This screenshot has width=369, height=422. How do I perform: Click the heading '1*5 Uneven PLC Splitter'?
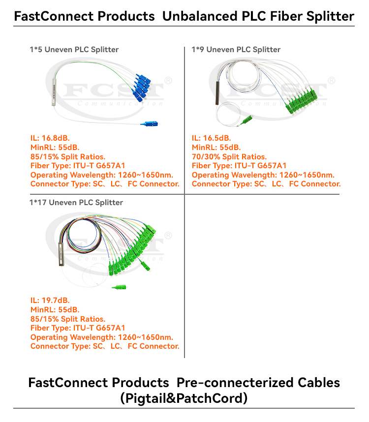pyautogui.click(x=74, y=49)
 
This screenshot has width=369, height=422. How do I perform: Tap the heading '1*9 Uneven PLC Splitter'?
pyautogui.click(x=236, y=49)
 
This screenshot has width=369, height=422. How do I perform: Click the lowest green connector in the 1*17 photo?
pyautogui.click(x=119, y=288)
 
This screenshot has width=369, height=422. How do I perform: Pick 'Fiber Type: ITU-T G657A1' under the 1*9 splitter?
pyautogui.click(x=239, y=166)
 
